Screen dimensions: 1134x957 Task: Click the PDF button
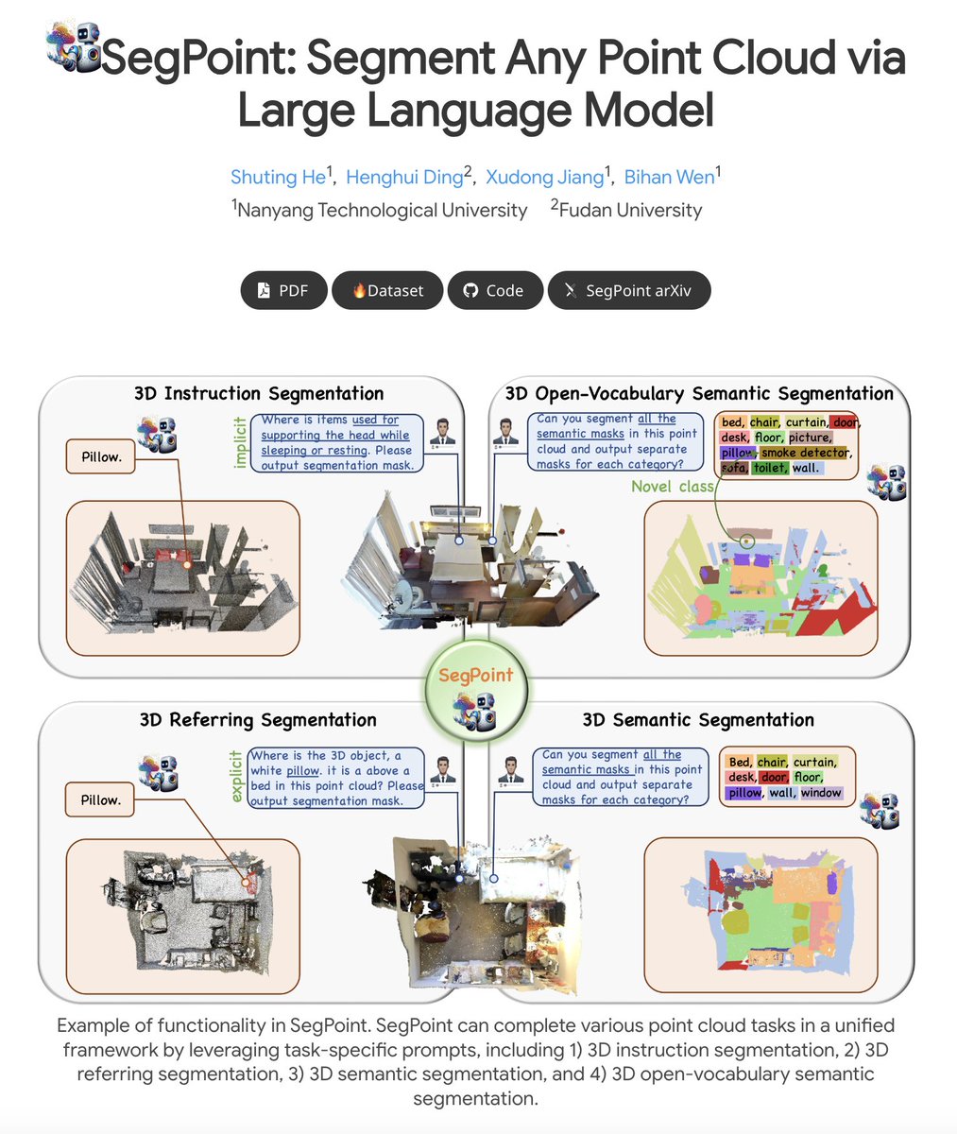click(283, 290)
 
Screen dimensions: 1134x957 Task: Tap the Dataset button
click(387, 290)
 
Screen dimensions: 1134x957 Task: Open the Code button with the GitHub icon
click(496, 290)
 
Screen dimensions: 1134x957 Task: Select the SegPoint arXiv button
click(628, 290)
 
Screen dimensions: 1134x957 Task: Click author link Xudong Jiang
click(544, 177)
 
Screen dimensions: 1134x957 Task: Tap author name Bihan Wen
click(669, 177)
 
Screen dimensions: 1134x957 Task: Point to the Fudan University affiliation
click(630, 210)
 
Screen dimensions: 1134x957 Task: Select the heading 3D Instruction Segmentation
click(259, 393)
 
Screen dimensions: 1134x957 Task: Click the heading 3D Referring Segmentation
click(258, 720)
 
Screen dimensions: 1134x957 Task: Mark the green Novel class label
click(673, 487)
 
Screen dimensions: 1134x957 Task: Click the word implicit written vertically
click(240, 442)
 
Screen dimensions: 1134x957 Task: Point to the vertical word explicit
click(237, 777)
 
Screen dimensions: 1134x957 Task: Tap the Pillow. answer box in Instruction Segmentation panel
click(100, 456)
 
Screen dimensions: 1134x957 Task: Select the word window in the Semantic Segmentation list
click(821, 793)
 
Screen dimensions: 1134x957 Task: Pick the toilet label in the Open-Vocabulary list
click(769, 468)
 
